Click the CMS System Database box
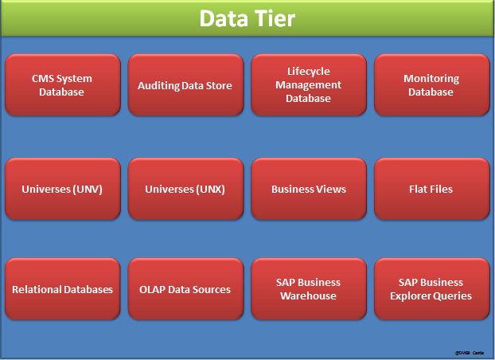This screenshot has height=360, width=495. [62, 85]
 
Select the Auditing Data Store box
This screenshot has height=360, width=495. [185, 85]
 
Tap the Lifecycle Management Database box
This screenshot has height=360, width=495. [309, 85]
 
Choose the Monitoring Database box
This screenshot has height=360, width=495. [431, 85]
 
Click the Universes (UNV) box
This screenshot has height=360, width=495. [62, 189]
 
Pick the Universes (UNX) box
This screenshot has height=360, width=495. [185, 189]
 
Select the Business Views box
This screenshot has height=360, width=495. [309, 189]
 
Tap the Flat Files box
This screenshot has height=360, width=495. [431, 189]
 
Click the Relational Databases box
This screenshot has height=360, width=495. [62, 289]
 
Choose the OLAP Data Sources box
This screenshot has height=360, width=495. [185, 289]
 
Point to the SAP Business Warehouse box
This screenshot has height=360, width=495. [309, 289]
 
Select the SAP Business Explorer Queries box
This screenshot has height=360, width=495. [431, 289]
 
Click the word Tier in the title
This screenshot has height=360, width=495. [272, 18]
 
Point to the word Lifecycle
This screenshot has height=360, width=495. [309, 72]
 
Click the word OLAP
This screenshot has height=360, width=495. [154, 289]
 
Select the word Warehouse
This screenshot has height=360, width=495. [309, 296]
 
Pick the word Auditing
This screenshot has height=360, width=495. [159, 85]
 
